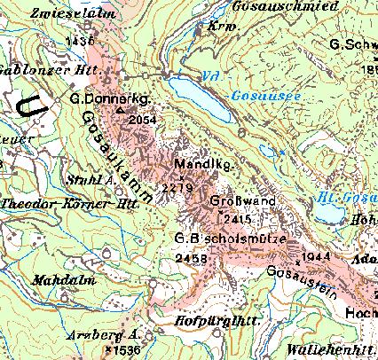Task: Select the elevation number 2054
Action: coord(142,120)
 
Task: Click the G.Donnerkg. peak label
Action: coord(107,99)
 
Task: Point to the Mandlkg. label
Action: coord(184,163)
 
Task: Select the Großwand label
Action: coord(235,200)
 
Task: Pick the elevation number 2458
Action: coord(192,258)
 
